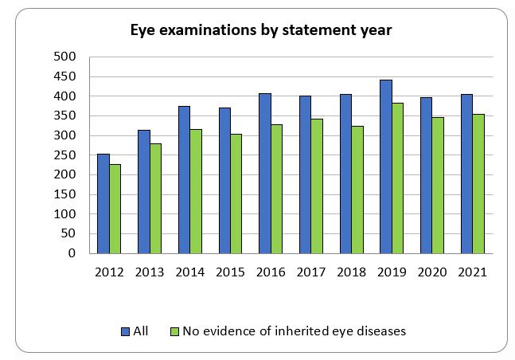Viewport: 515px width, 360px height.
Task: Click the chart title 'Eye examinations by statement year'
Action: coord(261,30)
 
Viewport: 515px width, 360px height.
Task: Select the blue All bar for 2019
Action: coord(385,166)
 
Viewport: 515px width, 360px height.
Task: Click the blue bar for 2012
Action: coord(103,204)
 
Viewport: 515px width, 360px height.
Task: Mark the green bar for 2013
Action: coord(156,198)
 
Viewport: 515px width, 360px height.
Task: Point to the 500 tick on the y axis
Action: coord(64,57)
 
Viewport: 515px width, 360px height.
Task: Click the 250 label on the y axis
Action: coord(64,155)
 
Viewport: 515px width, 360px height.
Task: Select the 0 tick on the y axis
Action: coord(71,253)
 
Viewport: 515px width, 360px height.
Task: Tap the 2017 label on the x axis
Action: coord(310,272)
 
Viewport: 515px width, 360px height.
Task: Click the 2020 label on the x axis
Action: coord(431,272)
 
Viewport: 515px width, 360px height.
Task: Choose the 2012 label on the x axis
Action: coord(109,272)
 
